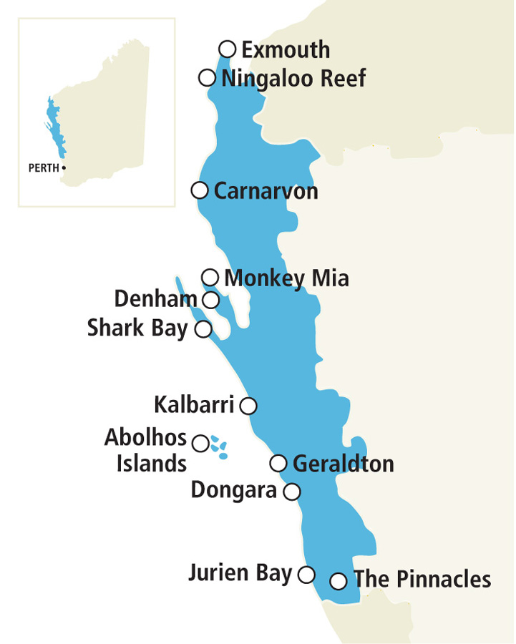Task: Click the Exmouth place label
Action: pos(286,50)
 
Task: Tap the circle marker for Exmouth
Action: pos(228,49)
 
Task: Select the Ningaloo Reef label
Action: pos(293,79)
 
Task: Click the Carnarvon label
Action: pos(266,192)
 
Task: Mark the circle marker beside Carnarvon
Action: pos(200,190)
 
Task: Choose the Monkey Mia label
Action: pos(286,278)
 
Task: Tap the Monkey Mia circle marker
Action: pos(210,277)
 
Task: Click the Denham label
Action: pos(156,299)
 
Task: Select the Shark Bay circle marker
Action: pos(203,329)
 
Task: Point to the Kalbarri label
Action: pos(194,406)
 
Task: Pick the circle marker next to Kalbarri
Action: pos(248,406)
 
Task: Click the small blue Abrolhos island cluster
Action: pos(219,447)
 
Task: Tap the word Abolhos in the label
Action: pos(145,437)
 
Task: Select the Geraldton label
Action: pos(343,464)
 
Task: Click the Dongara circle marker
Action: pos(292,492)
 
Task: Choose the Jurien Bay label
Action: pos(240,573)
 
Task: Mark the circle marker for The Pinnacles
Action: pos(339,580)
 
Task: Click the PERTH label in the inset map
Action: pos(44,168)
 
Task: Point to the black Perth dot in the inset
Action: pos(64,167)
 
